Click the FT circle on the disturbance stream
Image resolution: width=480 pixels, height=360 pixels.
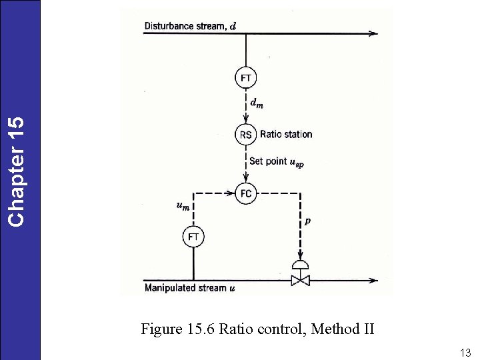[246, 77]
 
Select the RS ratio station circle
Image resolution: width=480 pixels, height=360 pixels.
[246, 135]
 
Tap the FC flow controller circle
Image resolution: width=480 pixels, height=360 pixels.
[246, 194]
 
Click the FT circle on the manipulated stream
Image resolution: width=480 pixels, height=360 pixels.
[193, 237]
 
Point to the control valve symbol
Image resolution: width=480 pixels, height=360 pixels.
[301, 274]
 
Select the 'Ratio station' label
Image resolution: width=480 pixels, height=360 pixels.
[286, 135]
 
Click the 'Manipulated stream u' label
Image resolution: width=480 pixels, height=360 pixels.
[190, 288]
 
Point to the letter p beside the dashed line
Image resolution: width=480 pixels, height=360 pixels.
[307, 221]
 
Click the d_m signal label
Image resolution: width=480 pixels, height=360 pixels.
[256, 103]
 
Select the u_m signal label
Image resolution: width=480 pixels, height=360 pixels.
[182, 207]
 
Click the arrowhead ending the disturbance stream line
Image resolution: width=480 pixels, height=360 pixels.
[375, 33]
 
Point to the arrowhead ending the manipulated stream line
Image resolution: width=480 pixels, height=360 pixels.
[375, 280]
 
